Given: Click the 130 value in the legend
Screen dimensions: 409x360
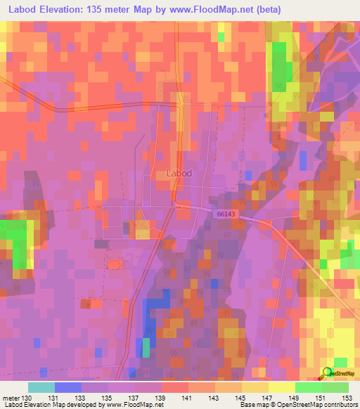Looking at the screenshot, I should [27, 398].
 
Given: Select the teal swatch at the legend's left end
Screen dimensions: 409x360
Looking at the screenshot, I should [41, 387].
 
